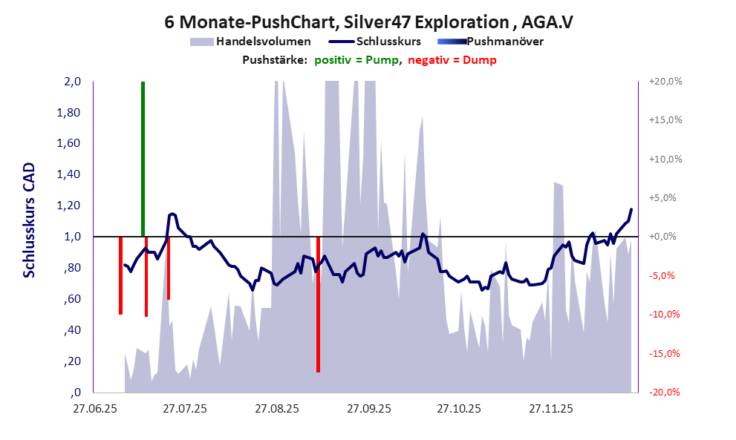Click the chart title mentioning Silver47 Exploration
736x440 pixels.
(368, 22)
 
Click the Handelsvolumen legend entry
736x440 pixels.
(253, 42)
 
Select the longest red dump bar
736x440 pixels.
(318, 304)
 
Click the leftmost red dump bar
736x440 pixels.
(120, 275)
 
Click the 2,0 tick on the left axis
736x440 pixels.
(71, 82)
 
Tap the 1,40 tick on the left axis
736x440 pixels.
(68, 175)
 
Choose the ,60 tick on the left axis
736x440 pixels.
(71, 299)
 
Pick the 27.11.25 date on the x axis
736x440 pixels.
(550, 409)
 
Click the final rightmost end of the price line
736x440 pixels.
(631, 210)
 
